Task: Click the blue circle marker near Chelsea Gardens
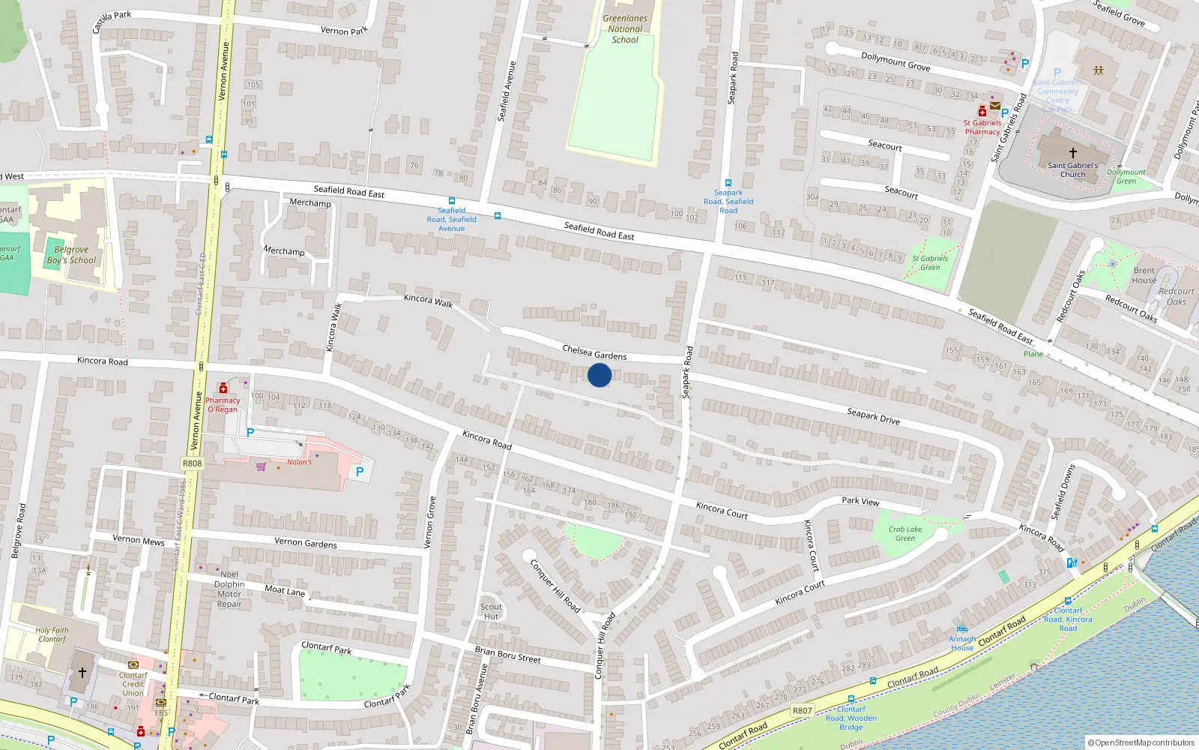(599, 375)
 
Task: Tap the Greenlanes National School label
(625, 29)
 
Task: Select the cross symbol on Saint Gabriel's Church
(1073, 153)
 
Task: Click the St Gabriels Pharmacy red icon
(982, 112)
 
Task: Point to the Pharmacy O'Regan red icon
(223, 388)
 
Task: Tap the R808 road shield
(192, 463)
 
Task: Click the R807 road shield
(802, 710)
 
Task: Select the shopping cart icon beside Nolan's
(261, 466)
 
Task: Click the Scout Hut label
(491, 612)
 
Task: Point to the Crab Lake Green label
(905, 533)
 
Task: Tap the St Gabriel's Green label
(930, 262)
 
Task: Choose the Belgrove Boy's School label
(71, 255)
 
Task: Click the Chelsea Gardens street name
(594, 352)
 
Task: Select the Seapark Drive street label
(873, 416)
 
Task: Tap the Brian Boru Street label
(507, 655)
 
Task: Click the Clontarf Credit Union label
(133, 683)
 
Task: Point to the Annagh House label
(962, 643)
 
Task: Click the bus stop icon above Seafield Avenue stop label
(451, 201)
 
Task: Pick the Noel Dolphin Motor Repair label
(229, 589)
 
